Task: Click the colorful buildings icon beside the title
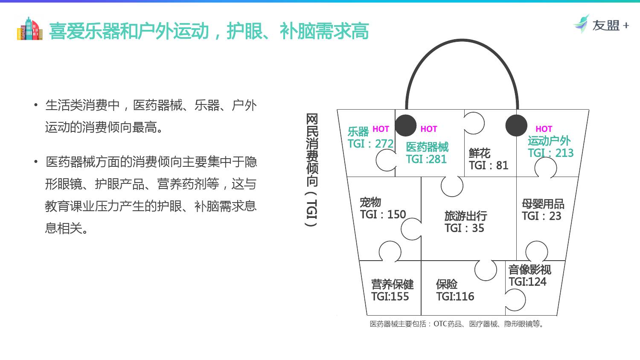pos(30,29)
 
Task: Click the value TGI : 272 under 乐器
pos(370,144)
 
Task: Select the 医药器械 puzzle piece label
pos(427,147)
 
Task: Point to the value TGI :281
pos(426,159)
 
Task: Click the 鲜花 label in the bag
pos(480,153)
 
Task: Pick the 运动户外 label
pos(549,141)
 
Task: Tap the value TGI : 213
pos(550,153)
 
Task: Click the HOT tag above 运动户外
pos(544,129)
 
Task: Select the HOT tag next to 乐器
pos(381,129)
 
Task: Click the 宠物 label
pos(370,202)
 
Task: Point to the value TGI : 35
pos(464,228)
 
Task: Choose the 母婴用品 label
pos(543,203)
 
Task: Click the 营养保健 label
pos(393,284)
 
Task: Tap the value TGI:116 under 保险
pos(455,296)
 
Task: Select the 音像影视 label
pos(529,270)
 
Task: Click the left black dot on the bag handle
pos(405,125)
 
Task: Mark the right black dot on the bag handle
pos(516,125)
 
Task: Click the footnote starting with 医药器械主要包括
pos(457,324)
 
